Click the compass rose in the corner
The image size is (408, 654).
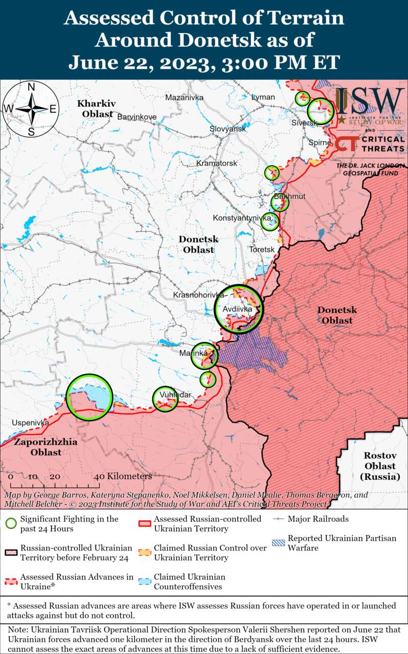31,109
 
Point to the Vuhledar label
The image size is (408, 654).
168,395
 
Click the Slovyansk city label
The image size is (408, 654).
227,129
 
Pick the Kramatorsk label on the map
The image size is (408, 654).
217,163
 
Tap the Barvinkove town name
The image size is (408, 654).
137,117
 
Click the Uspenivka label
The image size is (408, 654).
30,423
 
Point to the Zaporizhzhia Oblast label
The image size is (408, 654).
45,447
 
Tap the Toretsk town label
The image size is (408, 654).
262,249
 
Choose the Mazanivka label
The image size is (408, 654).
184,97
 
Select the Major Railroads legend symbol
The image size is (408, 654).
277,519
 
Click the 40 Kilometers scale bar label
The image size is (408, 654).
123,476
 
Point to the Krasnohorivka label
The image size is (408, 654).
199,295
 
